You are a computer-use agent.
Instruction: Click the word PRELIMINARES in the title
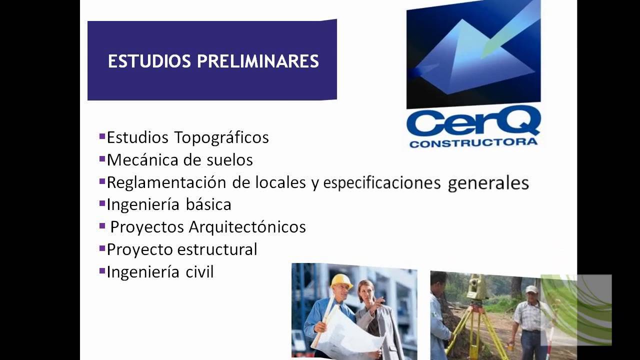(x=258, y=61)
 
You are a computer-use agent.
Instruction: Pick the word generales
(x=488, y=183)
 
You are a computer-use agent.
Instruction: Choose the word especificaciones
(x=382, y=183)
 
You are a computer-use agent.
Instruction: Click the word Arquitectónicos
(x=247, y=227)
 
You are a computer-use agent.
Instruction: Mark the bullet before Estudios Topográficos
(x=102, y=136)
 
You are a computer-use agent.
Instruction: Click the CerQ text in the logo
(x=473, y=124)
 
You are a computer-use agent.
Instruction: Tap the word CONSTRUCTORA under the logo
(x=473, y=143)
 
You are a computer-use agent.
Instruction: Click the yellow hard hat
(x=341, y=281)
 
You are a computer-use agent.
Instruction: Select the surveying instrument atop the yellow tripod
(x=478, y=286)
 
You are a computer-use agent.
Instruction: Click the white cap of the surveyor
(x=531, y=289)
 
